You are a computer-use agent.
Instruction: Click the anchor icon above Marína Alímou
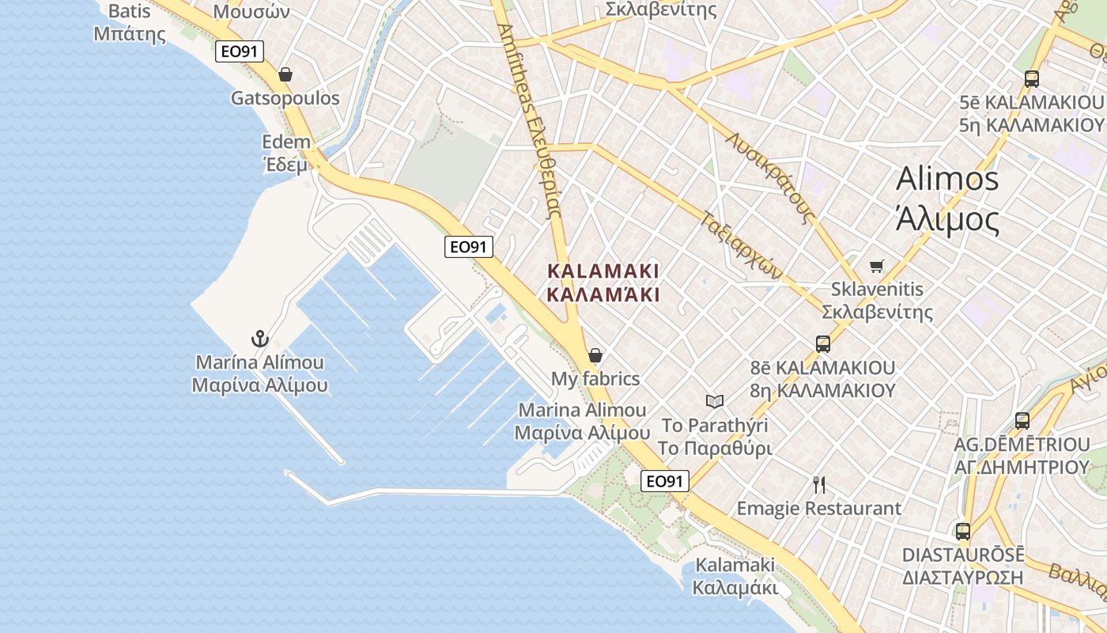pyautogui.click(x=260, y=339)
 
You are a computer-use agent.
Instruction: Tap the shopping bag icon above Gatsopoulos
pyautogui.click(x=285, y=74)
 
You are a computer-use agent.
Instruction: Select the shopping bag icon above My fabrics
pyautogui.click(x=595, y=355)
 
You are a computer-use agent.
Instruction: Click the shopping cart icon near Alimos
pyautogui.click(x=876, y=266)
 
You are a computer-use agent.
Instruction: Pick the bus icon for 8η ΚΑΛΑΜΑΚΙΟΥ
pyautogui.click(x=823, y=344)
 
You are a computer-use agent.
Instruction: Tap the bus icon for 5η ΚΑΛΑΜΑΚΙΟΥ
pyautogui.click(x=1031, y=79)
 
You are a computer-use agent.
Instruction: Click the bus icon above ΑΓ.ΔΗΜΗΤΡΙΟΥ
pyautogui.click(x=1022, y=421)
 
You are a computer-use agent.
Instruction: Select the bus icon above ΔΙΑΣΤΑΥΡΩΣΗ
pyautogui.click(x=963, y=532)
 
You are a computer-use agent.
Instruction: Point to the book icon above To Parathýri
pyautogui.click(x=715, y=402)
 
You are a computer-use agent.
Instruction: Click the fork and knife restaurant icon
pyautogui.click(x=819, y=485)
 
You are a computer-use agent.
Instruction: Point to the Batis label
pyautogui.click(x=130, y=12)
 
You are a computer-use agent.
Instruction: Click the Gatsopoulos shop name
pyautogui.click(x=285, y=98)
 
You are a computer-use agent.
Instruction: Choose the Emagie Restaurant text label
pyautogui.click(x=819, y=509)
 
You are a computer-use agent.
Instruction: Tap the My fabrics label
pyautogui.click(x=595, y=379)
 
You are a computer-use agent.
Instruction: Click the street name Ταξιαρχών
pyautogui.click(x=741, y=243)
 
